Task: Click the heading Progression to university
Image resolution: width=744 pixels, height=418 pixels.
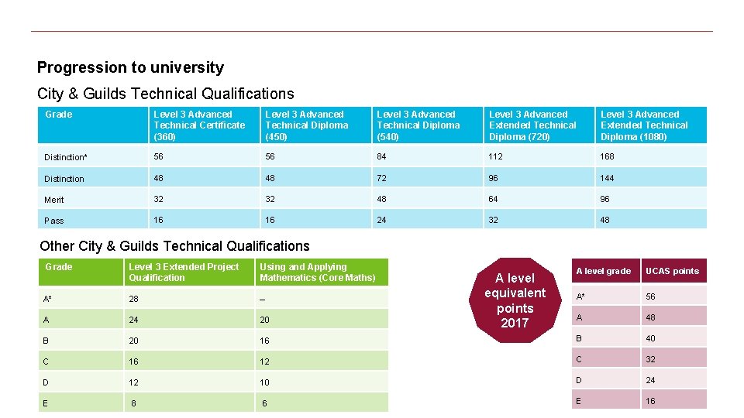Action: (130, 67)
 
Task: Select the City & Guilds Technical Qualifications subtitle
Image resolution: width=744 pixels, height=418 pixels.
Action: (165, 94)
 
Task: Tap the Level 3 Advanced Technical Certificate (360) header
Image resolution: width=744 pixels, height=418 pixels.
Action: (199, 125)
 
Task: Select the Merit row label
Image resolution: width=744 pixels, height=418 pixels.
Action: (54, 200)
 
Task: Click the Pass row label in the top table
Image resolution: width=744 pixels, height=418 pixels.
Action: (54, 221)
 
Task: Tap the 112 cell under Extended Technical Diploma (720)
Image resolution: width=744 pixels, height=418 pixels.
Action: (496, 156)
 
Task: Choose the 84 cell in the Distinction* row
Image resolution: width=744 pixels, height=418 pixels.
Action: (384, 156)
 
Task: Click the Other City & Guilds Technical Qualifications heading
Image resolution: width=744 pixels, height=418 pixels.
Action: (174, 246)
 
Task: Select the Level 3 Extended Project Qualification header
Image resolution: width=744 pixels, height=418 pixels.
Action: (184, 272)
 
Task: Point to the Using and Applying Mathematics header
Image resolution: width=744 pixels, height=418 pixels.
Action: (317, 272)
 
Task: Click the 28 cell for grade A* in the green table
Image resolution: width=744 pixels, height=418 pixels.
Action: (133, 299)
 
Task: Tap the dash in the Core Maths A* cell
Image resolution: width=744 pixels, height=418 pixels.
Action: (263, 299)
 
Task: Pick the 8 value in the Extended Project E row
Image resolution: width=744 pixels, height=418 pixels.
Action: (134, 403)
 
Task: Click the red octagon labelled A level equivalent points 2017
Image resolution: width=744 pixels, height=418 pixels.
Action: (515, 300)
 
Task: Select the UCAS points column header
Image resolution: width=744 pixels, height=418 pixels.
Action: (672, 271)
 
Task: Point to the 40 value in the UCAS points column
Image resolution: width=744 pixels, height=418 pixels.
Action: (651, 338)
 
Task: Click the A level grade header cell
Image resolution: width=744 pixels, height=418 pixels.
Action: (603, 271)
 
